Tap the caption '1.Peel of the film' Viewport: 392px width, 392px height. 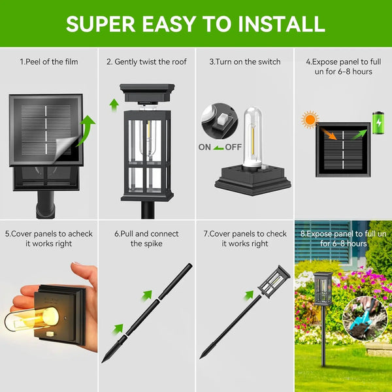click(49, 62)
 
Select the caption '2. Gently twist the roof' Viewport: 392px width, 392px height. click(147, 62)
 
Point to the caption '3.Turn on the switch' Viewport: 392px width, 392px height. click(245, 62)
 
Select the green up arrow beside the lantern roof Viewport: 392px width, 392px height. click(114, 103)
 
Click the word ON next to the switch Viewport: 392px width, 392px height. click(205, 148)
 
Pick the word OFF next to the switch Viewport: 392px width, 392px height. click(233, 148)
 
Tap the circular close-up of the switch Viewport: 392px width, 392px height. click(218, 122)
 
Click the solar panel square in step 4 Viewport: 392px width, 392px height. click(343, 150)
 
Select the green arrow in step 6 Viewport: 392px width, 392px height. click(118, 329)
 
